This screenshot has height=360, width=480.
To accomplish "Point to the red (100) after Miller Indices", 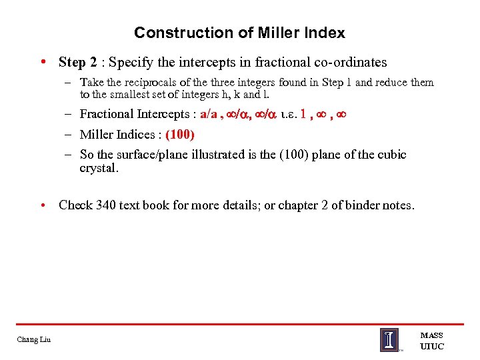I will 180,135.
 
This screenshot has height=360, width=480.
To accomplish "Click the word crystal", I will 99,168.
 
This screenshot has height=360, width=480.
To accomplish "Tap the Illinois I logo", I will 389,340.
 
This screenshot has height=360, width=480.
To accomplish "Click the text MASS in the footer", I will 431,335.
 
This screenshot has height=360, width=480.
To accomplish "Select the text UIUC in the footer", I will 431,346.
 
